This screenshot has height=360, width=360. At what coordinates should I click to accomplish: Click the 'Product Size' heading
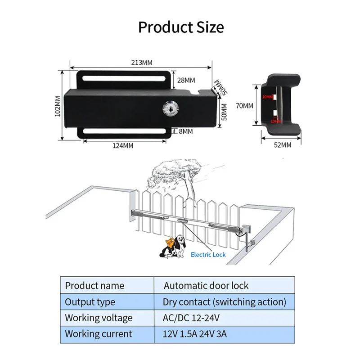(x=180, y=27)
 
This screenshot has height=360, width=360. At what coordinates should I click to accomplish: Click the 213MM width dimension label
(x=141, y=63)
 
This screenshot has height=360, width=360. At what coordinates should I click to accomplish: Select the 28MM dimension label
(x=186, y=81)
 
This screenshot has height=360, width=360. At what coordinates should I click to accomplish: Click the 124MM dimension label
(x=122, y=146)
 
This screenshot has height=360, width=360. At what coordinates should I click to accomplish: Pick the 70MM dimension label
(x=245, y=106)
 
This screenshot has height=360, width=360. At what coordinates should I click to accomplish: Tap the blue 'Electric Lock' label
(x=208, y=255)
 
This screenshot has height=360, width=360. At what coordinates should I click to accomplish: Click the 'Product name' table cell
(x=94, y=286)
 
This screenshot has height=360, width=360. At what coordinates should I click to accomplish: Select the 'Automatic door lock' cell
(x=206, y=286)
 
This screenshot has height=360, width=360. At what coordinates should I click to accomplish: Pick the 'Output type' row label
(x=90, y=302)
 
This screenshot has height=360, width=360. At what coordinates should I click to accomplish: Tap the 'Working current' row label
(x=99, y=334)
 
